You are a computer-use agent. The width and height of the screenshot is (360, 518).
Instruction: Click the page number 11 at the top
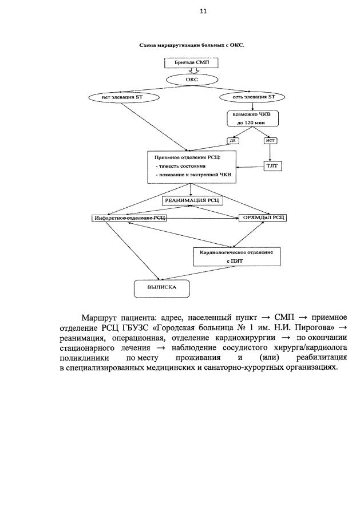click(x=203, y=11)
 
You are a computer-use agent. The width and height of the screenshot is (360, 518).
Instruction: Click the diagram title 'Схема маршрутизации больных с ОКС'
click(x=192, y=45)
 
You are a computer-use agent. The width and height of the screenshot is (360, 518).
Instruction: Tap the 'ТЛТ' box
click(x=272, y=167)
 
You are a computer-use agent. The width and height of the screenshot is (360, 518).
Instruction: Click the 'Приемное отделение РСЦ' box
click(x=192, y=167)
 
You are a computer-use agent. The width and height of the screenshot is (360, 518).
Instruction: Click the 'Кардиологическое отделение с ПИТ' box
click(x=236, y=256)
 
